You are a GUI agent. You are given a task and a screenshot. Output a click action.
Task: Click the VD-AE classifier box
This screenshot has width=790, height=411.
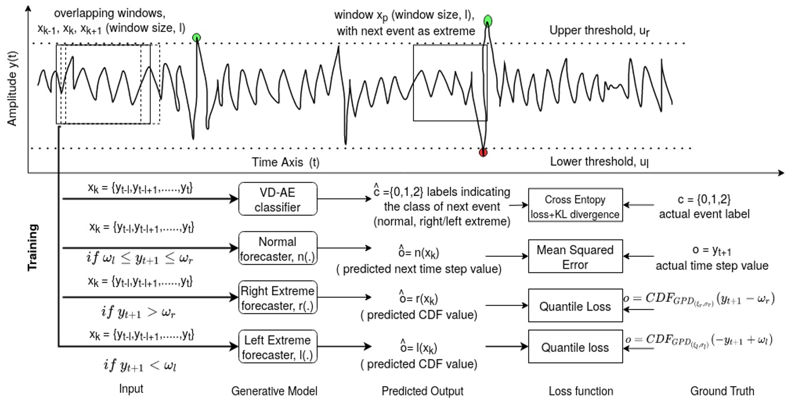278,198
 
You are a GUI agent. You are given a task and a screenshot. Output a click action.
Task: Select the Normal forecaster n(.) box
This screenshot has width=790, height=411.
278,249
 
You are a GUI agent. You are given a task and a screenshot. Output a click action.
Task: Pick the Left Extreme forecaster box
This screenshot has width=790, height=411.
278,347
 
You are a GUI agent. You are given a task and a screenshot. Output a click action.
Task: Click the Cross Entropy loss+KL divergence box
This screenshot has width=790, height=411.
575,207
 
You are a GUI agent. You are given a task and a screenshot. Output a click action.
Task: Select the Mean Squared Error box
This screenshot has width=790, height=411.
574,257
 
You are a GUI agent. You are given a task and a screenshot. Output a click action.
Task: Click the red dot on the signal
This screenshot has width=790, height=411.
483,152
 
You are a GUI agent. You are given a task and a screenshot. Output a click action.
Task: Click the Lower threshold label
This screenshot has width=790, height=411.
598,161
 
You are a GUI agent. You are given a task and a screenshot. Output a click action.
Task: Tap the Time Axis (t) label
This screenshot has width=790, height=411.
290,161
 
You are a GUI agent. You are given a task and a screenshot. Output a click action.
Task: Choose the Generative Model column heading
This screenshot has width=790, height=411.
274,391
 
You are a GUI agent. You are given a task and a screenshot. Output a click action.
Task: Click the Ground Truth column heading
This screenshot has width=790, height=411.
722,391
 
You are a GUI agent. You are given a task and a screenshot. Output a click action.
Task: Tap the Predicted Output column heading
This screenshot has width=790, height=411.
422,391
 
